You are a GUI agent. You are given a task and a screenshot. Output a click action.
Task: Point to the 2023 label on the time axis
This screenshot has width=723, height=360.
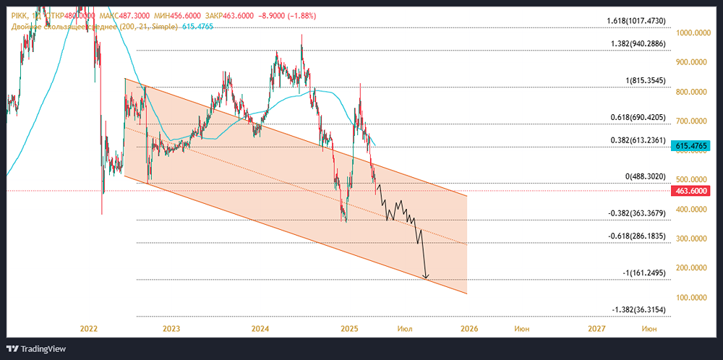click(171, 329)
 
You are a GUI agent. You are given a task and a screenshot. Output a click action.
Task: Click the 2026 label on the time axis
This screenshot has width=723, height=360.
click(469, 329)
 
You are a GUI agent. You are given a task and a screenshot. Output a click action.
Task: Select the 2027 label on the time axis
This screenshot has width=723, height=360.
click(597, 329)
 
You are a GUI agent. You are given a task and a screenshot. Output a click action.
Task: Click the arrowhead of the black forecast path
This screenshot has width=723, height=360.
click(427, 277)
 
